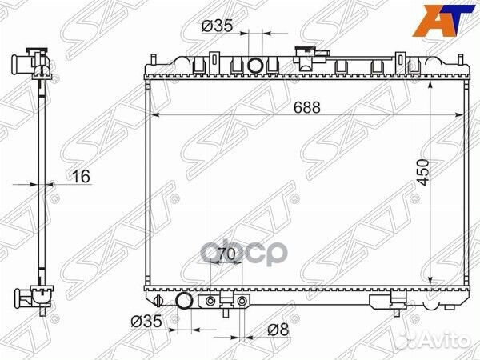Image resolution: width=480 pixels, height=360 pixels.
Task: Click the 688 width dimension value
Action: [x=303, y=106]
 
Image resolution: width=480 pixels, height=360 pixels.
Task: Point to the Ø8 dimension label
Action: [x=278, y=330]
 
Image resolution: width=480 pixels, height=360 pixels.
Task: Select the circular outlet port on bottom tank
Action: [x=184, y=302]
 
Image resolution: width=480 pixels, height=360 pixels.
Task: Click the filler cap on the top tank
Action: [x=305, y=56]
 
